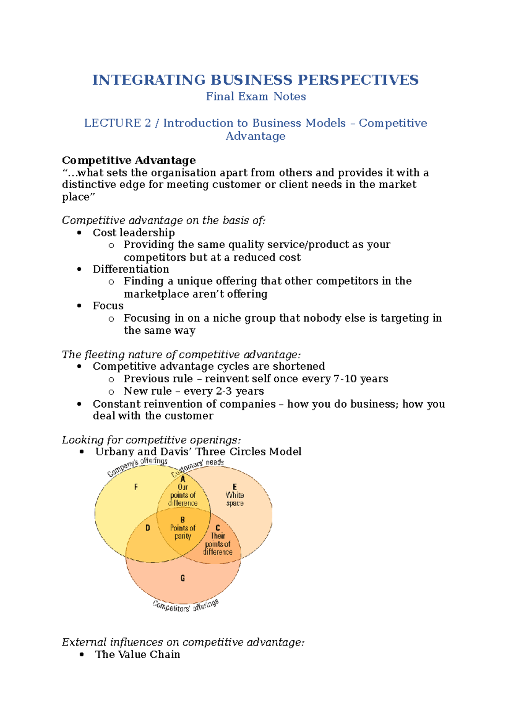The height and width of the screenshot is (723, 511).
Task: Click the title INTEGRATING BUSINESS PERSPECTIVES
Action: [x=255, y=80]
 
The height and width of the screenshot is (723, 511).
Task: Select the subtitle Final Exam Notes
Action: [x=255, y=97]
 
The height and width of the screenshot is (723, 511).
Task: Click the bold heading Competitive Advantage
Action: [x=129, y=161]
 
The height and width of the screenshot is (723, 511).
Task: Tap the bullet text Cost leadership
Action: [x=134, y=233]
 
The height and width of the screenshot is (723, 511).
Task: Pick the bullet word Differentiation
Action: [x=131, y=270]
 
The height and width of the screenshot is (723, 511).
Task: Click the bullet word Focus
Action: [x=108, y=306]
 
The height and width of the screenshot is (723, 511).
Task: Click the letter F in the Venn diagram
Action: [x=136, y=487]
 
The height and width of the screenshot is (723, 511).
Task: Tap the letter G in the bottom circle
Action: [x=183, y=578]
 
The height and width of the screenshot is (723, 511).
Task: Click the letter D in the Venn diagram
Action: [x=148, y=528]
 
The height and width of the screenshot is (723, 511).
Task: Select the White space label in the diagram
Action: [x=235, y=499]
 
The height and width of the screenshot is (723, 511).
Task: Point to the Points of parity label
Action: [x=183, y=531]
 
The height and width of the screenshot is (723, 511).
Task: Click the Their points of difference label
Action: [x=218, y=544]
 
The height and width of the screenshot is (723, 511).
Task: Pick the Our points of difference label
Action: [x=183, y=495]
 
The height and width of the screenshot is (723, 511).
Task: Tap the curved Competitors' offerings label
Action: [x=186, y=606]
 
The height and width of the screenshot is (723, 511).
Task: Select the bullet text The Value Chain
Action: [x=138, y=655]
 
